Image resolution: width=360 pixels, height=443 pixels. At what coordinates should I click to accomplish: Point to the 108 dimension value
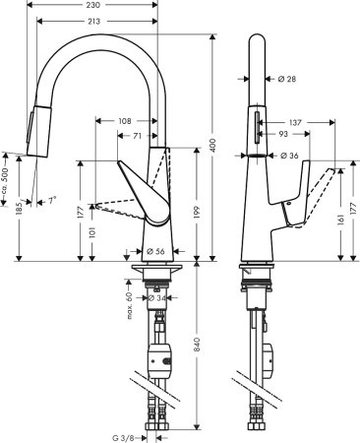pos(125,121)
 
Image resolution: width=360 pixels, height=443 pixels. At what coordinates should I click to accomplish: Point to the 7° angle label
pos(51,201)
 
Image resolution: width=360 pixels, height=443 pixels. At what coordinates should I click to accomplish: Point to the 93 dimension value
pos(283,134)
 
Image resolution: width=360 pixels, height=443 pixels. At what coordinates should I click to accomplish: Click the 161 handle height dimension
pos(342,222)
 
